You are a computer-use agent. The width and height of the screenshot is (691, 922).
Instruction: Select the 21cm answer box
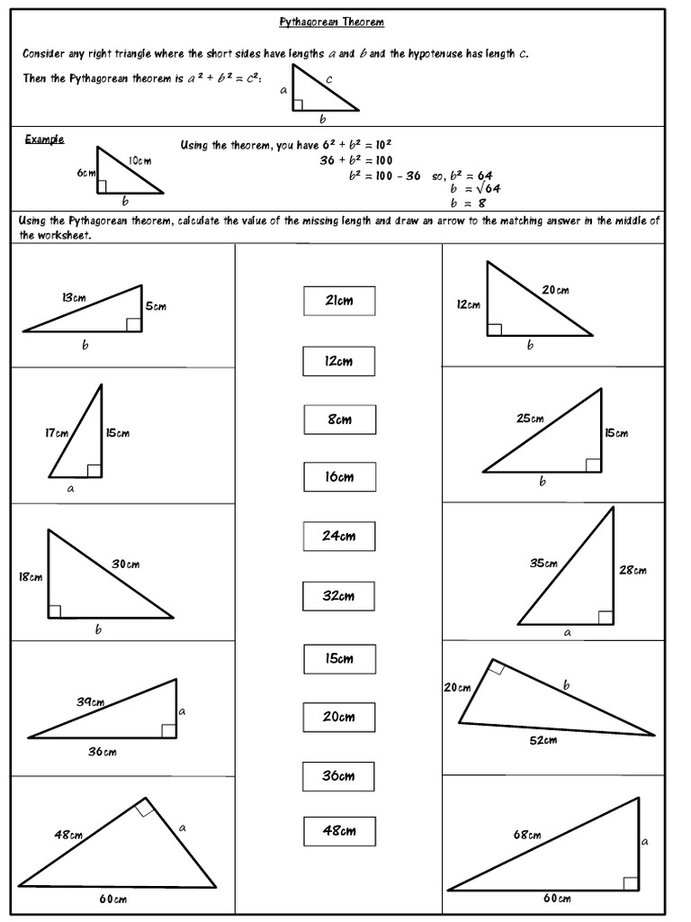pos(339,301)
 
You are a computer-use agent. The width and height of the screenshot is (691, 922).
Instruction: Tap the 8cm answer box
pos(339,420)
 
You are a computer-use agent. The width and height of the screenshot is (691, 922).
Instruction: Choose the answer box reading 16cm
pos(339,477)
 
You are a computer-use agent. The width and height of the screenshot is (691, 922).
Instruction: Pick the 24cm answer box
pos(339,537)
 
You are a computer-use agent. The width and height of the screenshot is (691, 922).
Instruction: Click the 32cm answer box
pos(339,596)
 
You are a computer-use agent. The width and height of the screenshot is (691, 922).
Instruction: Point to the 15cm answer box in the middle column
pos(339,659)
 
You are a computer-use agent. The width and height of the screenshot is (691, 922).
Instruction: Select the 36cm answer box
pos(339,776)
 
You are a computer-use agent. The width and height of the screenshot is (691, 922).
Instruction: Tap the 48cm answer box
pos(339,831)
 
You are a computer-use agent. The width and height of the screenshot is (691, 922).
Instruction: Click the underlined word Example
pos(44,139)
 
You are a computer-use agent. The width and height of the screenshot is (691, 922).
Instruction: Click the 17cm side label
pos(57,433)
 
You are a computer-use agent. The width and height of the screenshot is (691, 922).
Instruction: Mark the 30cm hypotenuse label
pos(125,565)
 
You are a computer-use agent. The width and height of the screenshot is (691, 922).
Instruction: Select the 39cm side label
pos(89,702)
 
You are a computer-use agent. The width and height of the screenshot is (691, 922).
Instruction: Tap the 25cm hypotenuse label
pos(530,419)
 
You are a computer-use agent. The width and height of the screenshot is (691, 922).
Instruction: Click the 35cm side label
pos(543,564)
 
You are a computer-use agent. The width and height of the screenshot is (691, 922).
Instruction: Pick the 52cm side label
pos(543,740)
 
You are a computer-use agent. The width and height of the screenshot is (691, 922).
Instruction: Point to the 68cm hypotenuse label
pos(527,836)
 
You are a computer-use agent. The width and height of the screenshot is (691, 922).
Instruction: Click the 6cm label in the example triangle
pos(85,173)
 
